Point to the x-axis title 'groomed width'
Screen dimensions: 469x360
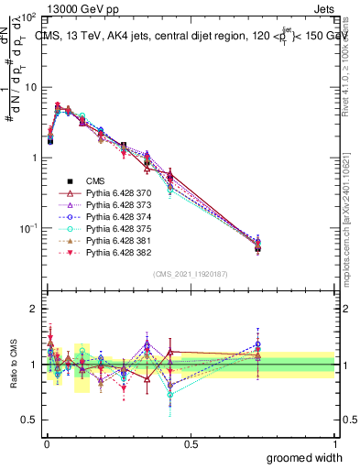tap(300, 457)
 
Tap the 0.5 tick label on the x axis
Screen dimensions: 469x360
tap(191, 443)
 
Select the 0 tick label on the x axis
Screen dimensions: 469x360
tap(47, 443)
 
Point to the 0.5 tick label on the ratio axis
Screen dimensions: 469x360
tap(30, 420)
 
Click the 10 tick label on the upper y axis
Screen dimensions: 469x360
tap(30, 87)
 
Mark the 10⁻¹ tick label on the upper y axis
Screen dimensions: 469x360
tap(27, 227)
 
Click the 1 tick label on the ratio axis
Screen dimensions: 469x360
tap(34, 365)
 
